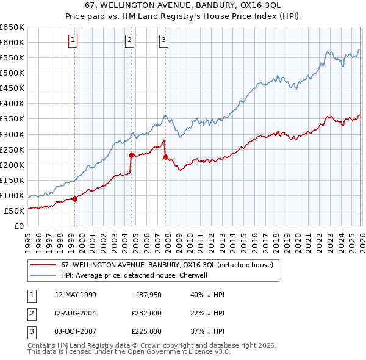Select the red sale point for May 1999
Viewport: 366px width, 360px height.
[74, 198]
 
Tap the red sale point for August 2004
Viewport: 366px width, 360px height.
[131, 154]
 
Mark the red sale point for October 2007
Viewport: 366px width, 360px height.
[165, 157]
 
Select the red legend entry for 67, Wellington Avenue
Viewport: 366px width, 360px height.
[170, 265]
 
